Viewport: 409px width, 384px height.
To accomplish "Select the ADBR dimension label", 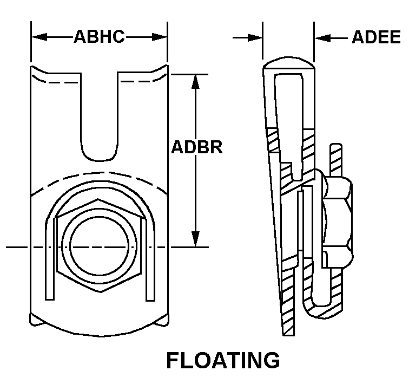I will click(197, 147).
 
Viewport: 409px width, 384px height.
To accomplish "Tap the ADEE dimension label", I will click(376, 37).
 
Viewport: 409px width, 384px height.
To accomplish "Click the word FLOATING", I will click(223, 360).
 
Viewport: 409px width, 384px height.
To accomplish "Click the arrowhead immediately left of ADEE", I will click(322, 37).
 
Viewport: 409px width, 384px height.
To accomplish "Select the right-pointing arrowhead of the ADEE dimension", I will click(255, 37).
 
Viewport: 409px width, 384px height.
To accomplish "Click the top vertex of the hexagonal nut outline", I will click(99, 200).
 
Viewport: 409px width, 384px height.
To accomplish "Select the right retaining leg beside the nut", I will click(149, 260).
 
